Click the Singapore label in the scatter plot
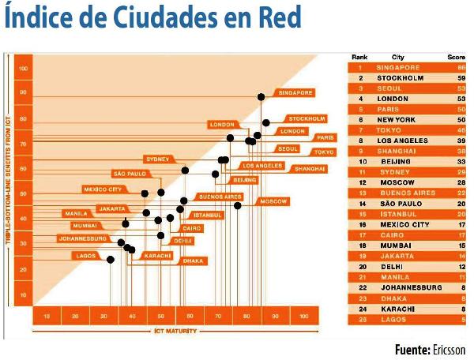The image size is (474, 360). (295, 92)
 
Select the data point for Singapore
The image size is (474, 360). (261, 96)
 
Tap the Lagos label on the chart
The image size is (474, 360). (85, 255)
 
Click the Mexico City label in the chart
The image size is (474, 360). (103, 189)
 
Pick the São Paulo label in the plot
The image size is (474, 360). (130, 173)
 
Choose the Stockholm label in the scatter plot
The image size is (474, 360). (307, 118)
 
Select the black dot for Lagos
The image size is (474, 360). (111, 260)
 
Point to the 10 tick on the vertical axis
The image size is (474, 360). (24, 294)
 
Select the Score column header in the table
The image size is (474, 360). (457, 57)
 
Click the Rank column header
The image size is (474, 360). (359, 57)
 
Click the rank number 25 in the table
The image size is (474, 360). (359, 319)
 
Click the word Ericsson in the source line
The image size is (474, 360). (450, 349)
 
